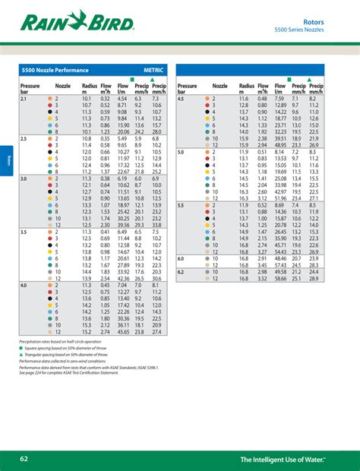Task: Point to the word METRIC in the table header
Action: coord(153,70)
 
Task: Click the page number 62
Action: coord(25,459)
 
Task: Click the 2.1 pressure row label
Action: coord(24,99)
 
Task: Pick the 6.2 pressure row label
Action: coord(181,272)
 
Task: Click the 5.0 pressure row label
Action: coord(181,152)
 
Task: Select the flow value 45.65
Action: coord(123,331)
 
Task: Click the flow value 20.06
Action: coord(123,131)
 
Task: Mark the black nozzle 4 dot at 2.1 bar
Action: coord(49,112)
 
